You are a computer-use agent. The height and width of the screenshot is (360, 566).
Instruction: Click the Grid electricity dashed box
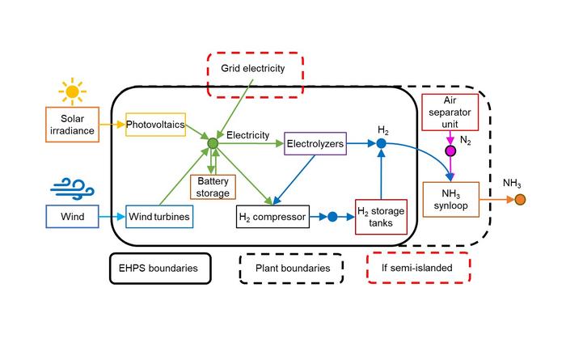[x=253, y=70]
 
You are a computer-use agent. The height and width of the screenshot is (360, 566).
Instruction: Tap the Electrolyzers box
[x=315, y=145]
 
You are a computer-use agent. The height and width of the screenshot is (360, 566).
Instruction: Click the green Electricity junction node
[x=213, y=144]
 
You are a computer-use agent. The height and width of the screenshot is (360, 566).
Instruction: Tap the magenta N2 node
[x=450, y=151]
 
